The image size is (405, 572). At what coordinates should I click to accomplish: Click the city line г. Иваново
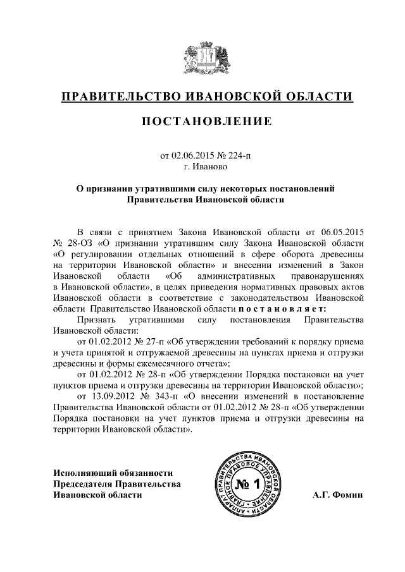pyautogui.click(x=202, y=168)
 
